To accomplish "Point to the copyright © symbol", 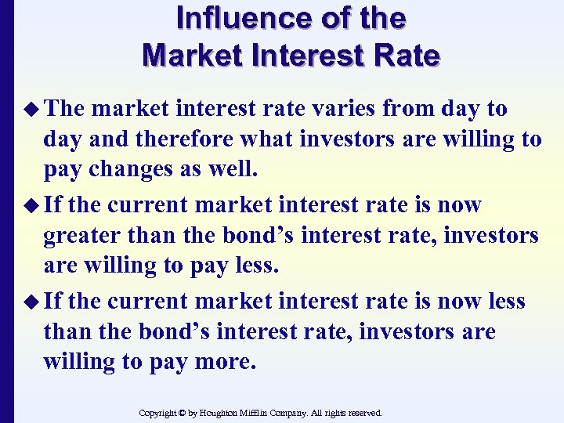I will coord(183,413).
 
